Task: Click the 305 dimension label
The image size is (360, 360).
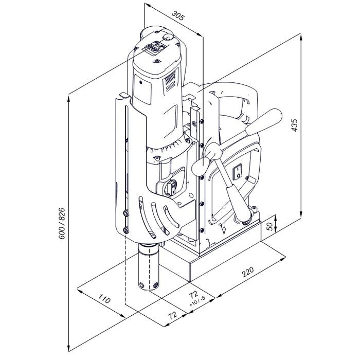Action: (x=178, y=15)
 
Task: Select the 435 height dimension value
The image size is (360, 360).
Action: (x=294, y=125)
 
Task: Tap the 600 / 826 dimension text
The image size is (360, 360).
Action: (x=62, y=223)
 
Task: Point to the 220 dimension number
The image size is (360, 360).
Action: (x=248, y=272)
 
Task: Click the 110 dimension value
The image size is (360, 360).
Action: (x=104, y=298)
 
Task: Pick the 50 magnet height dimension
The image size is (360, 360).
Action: (x=270, y=227)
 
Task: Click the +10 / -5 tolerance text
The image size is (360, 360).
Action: (x=197, y=301)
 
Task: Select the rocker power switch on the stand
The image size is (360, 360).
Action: (x=238, y=171)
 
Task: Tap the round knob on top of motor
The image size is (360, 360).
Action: (x=168, y=38)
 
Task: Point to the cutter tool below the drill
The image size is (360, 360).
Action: (x=149, y=267)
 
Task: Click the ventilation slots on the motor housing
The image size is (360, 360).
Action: (x=170, y=80)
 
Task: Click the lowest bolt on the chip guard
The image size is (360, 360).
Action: (x=125, y=230)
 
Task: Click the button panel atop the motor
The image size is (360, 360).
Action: (x=154, y=48)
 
